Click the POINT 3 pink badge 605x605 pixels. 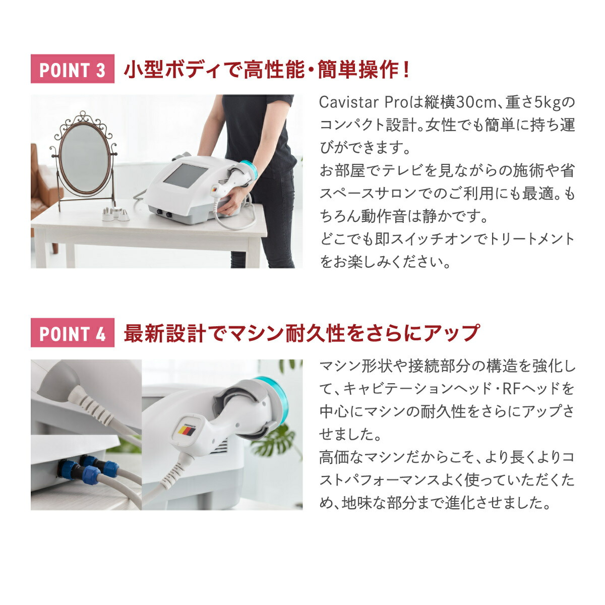pyautogui.click(x=72, y=69)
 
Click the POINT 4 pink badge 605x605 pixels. pyautogui.click(x=72, y=333)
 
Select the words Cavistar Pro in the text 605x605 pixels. pyautogui.click(x=359, y=102)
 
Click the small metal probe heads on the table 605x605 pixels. pyautogui.click(x=116, y=214)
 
